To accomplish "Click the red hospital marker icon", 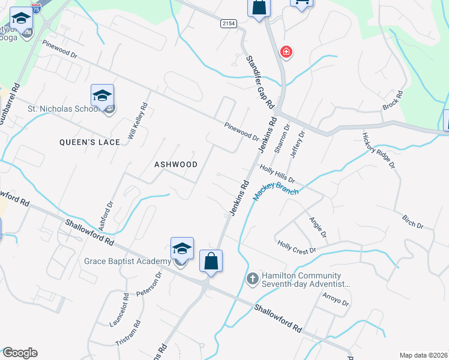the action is [x=286, y=52].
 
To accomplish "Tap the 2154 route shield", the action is [x=229, y=23].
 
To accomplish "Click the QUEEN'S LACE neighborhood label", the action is [x=89, y=142].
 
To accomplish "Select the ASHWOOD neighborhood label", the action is [x=176, y=164].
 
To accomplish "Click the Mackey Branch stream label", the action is [x=276, y=191].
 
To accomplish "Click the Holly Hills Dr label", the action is [x=277, y=174].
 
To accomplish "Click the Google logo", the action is [x=19, y=353].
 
